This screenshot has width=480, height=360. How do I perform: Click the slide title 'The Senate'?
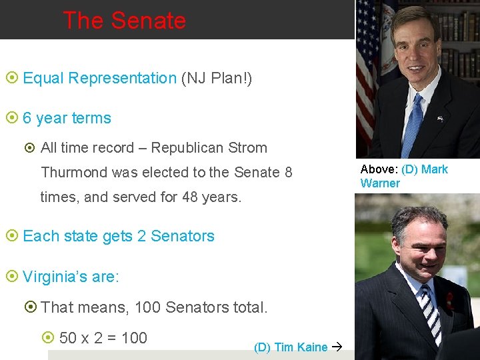coord(124,21)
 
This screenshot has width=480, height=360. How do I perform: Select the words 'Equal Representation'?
coord(99,79)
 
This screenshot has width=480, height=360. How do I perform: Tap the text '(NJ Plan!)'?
coord(217,79)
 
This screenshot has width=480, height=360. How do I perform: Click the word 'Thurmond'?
coord(74,173)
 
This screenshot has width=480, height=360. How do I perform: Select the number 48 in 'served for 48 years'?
coord(191,197)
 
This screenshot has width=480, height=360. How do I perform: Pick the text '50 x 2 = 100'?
coord(103,338)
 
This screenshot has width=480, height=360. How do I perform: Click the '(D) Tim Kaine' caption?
coord(291,347)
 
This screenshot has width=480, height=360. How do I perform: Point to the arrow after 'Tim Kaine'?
coord(337,347)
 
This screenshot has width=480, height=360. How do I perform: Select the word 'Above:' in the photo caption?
coord(379,169)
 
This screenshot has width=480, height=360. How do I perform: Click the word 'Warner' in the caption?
coord(380,183)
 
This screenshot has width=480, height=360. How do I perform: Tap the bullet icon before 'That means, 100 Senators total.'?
coord(30,307)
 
